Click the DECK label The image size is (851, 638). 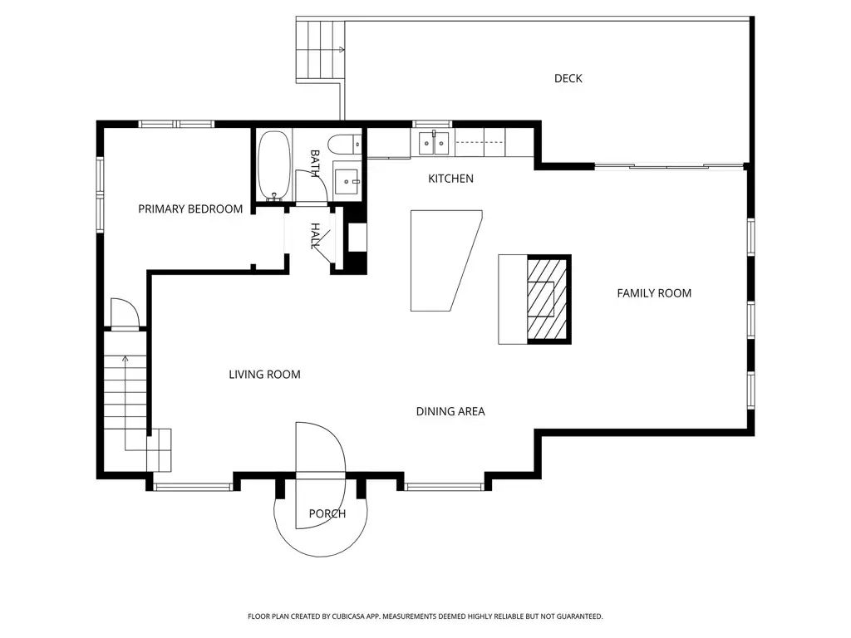point(568,79)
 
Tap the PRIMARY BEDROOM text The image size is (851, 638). point(190,209)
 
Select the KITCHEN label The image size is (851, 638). point(450,179)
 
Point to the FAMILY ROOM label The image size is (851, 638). point(654,293)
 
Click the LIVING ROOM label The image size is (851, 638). point(264,375)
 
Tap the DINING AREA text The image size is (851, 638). point(450,412)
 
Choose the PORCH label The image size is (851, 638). point(327,513)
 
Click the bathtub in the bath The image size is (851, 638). point(274,165)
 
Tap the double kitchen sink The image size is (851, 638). point(434,143)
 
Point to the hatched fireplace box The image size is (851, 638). point(547,299)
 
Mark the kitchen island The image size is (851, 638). point(446,260)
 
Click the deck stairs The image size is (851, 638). point(321,50)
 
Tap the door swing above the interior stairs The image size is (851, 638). point(125,313)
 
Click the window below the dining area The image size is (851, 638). point(445,487)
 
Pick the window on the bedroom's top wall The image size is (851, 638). point(177,125)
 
